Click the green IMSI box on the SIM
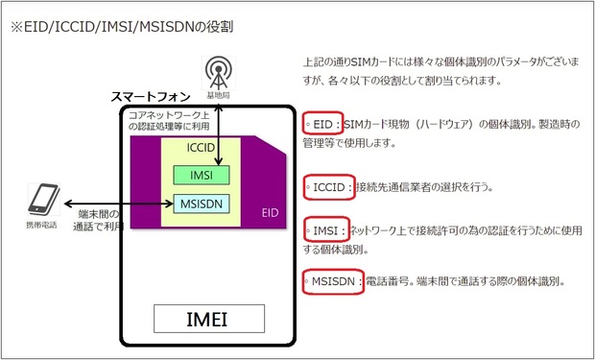pyautogui.click(x=202, y=175)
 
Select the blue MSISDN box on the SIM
pyautogui.click(x=202, y=203)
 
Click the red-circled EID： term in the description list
pyautogui.click(x=322, y=126)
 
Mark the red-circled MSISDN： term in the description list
pyautogui.click(x=332, y=282)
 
